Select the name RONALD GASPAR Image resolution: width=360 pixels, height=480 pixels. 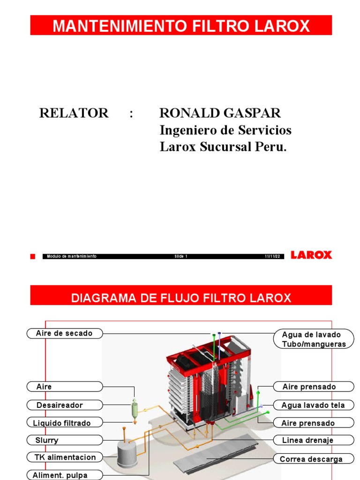pyautogui.click(x=220, y=113)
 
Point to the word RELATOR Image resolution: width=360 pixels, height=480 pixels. pyautogui.click(x=74, y=113)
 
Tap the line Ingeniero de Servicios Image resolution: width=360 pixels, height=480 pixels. pyautogui.click(x=225, y=130)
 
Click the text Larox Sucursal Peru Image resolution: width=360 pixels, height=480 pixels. pyautogui.click(x=223, y=147)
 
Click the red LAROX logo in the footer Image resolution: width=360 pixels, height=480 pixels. pyautogui.click(x=311, y=255)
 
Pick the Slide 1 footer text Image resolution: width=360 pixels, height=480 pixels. pyautogui.click(x=181, y=256)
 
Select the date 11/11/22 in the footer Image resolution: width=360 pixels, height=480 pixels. pyautogui.click(x=272, y=256)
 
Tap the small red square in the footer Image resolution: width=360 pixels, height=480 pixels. pyautogui.click(x=33, y=256)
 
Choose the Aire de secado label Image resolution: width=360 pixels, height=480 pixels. pyautogui.click(x=64, y=333)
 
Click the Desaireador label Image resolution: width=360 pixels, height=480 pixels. pyautogui.click(x=64, y=405)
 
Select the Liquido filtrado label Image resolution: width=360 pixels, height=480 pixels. pyautogui.click(x=64, y=423)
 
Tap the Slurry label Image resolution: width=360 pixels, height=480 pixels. pyautogui.click(x=64, y=440)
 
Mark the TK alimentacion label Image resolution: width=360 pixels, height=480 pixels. pyautogui.click(x=64, y=457)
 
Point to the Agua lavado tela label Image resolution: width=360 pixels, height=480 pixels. pyautogui.click(x=313, y=405)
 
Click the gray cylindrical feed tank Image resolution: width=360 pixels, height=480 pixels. pyautogui.click(x=127, y=454)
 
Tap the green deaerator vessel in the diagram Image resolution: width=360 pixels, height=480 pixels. pyautogui.click(x=135, y=409)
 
